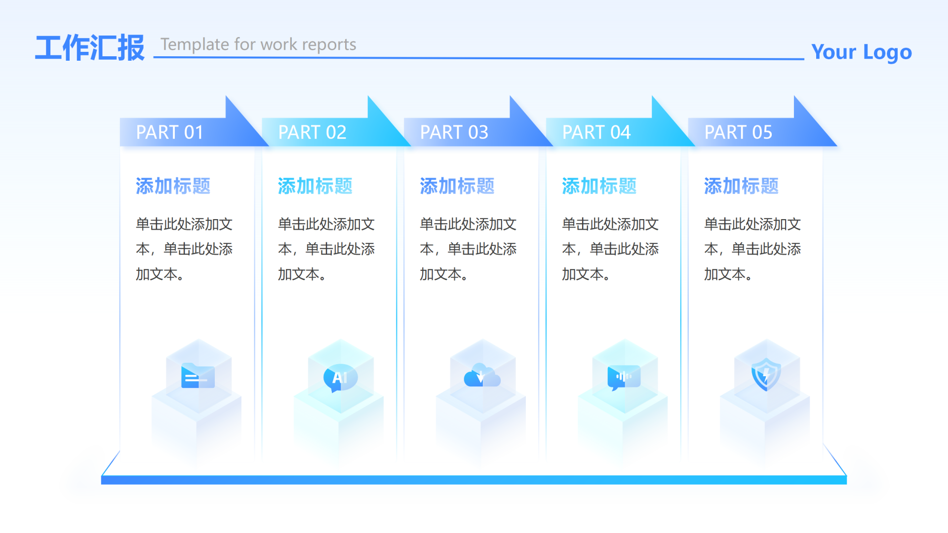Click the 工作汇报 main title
pos(90,48)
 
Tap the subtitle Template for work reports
pos(258,44)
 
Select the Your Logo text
pos(861,52)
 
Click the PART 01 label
pos(169,132)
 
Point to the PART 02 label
pos(312,132)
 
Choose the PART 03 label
pos(454,132)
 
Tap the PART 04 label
pos(596,132)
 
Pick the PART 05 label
pos(738,132)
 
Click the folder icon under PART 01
pos(197,377)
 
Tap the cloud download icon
pos(482,376)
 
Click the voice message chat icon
pos(624,378)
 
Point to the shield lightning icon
pos(766,375)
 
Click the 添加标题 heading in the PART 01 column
pos(173,186)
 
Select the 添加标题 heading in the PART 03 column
pos(457,186)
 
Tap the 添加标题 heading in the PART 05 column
pos(741,186)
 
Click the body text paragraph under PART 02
pos(326,249)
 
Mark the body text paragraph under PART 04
pos(610,249)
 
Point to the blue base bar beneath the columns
pos(474,480)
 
